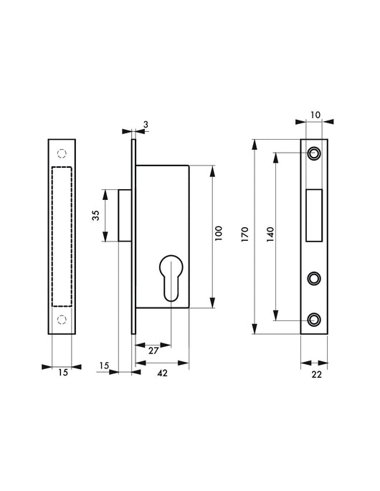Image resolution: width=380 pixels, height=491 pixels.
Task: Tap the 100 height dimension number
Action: click(x=219, y=234)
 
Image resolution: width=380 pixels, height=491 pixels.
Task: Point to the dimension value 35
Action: click(x=95, y=215)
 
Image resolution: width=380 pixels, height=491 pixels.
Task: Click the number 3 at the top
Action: click(x=146, y=125)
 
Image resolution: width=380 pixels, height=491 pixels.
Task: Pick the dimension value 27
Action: click(x=153, y=351)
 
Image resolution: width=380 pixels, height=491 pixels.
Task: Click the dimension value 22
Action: click(x=316, y=373)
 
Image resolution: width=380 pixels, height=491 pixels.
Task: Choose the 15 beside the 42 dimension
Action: click(x=105, y=366)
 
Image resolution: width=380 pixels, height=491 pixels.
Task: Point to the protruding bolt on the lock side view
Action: click(x=125, y=215)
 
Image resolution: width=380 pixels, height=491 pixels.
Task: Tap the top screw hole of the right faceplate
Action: click(x=313, y=153)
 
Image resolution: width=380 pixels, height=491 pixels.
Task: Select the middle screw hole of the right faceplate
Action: click(x=313, y=278)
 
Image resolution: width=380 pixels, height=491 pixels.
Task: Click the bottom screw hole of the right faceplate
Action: click(x=313, y=319)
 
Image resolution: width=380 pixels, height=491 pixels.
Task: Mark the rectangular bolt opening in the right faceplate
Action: click(x=313, y=215)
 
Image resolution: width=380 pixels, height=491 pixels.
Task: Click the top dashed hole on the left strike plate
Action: click(x=62, y=153)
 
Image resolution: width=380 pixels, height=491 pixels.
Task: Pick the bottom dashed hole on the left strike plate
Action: click(x=62, y=319)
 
